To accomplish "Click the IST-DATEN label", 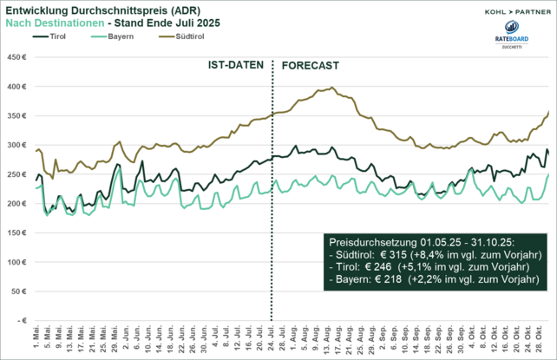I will tap(236, 66).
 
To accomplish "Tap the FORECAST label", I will tap(311, 66).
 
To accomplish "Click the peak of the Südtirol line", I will tap(333, 88).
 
